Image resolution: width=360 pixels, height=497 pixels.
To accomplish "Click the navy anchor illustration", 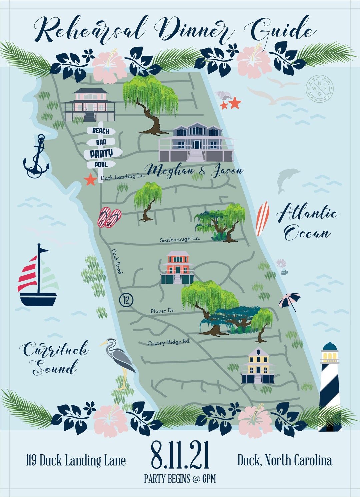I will point(36,157).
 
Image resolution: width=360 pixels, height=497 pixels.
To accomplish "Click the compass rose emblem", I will point(319,88).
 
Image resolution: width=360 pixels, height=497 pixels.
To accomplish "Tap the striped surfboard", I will point(262,219).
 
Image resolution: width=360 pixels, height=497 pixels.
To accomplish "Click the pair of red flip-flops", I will point(109,218).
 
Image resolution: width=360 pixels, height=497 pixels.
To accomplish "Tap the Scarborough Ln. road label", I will point(180,239).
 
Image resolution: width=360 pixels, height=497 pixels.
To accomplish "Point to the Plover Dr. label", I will point(162,311).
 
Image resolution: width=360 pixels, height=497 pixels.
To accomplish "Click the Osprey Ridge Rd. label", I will point(169,342).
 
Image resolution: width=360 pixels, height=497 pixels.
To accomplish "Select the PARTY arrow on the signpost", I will point(102,153).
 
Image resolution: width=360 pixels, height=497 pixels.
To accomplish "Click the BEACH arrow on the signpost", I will point(101,131).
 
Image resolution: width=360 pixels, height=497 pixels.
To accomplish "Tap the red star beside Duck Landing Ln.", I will point(90,180).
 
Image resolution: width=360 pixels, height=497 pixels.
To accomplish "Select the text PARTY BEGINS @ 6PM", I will point(180,479).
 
